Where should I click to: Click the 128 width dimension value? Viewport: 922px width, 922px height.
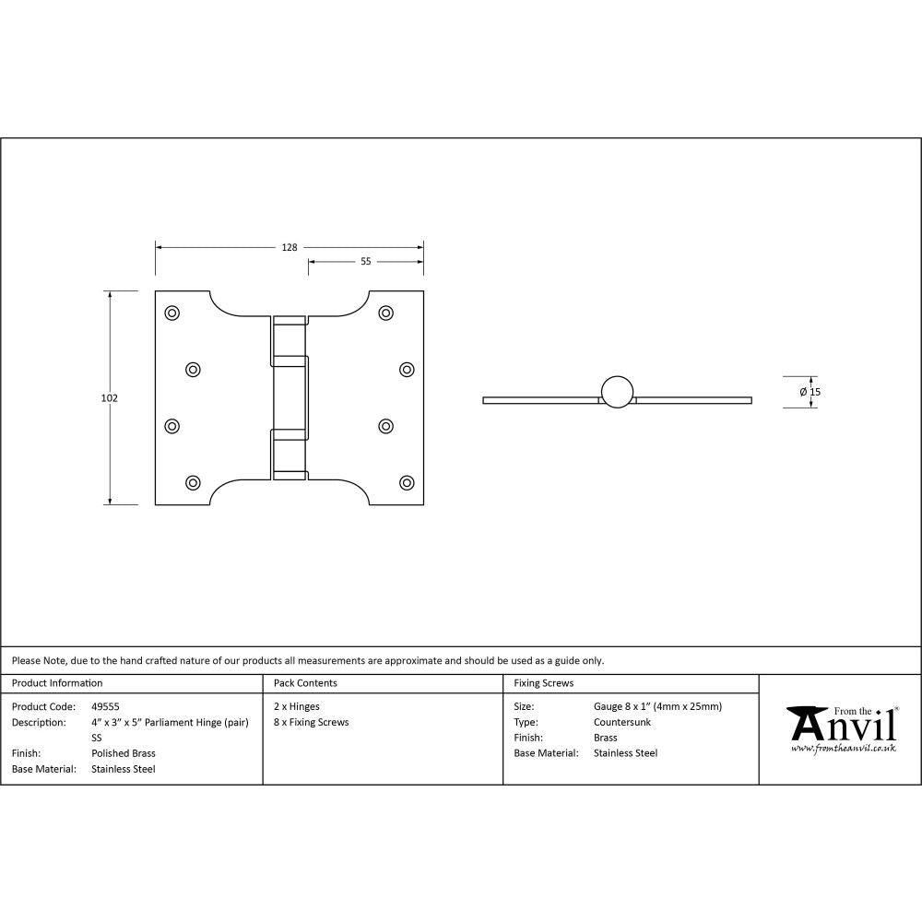tap(290, 247)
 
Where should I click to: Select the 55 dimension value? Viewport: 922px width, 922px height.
tap(365, 262)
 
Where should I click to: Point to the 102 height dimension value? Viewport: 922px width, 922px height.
tap(109, 398)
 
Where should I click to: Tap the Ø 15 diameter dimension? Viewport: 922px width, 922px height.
tap(810, 392)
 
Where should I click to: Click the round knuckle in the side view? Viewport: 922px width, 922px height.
tap(618, 391)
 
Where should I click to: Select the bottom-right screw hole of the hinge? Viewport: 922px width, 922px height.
tap(407, 482)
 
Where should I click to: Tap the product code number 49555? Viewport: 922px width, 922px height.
tap(106, 706)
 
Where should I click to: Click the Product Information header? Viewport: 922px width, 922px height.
tap(57, 683)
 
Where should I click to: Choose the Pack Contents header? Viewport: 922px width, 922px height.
tap(305, 683)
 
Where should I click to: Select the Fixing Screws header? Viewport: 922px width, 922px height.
tap(543, 683)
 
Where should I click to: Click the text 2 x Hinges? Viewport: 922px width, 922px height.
tap(297, 706)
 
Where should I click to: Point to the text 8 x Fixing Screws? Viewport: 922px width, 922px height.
tap(312, 722)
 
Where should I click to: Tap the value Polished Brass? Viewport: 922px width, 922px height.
tap(124, 753)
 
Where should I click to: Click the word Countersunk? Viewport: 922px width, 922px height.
tap(622, 722)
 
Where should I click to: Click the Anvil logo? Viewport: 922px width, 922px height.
tap(841, 725)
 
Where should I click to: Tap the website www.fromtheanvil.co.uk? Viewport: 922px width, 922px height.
tap(843, 748)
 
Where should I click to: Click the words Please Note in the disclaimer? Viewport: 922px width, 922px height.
tap(39, 660)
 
